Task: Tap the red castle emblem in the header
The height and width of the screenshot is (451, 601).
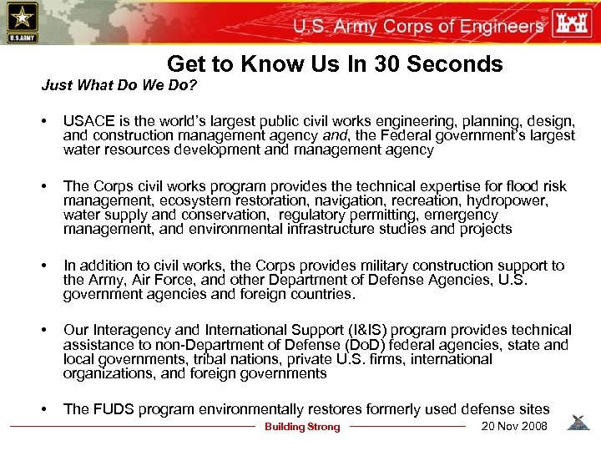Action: click(574, 22)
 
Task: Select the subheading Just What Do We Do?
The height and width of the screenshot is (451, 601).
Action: click(119, 86)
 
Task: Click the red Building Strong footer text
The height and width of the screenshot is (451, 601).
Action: click(302, 427)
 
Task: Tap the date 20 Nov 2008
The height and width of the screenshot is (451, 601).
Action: click(515, 426)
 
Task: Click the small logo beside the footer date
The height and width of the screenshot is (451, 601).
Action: click(578, 424)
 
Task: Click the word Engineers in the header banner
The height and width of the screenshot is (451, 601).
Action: click(501, 26)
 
